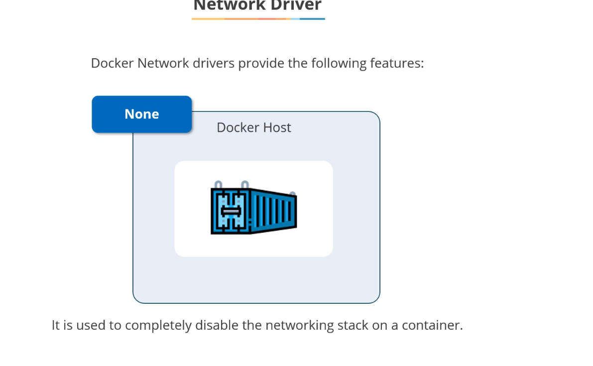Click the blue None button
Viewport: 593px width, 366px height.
click(142, 114)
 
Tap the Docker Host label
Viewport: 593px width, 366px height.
click(253, 128)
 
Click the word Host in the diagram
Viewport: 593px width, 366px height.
click(277, 128)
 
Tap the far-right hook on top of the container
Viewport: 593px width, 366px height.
click(292, 194)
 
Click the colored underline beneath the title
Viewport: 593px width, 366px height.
click(258, 19)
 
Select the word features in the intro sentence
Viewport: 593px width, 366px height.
click(396, 64)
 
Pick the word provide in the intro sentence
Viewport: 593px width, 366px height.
click(260, 64)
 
